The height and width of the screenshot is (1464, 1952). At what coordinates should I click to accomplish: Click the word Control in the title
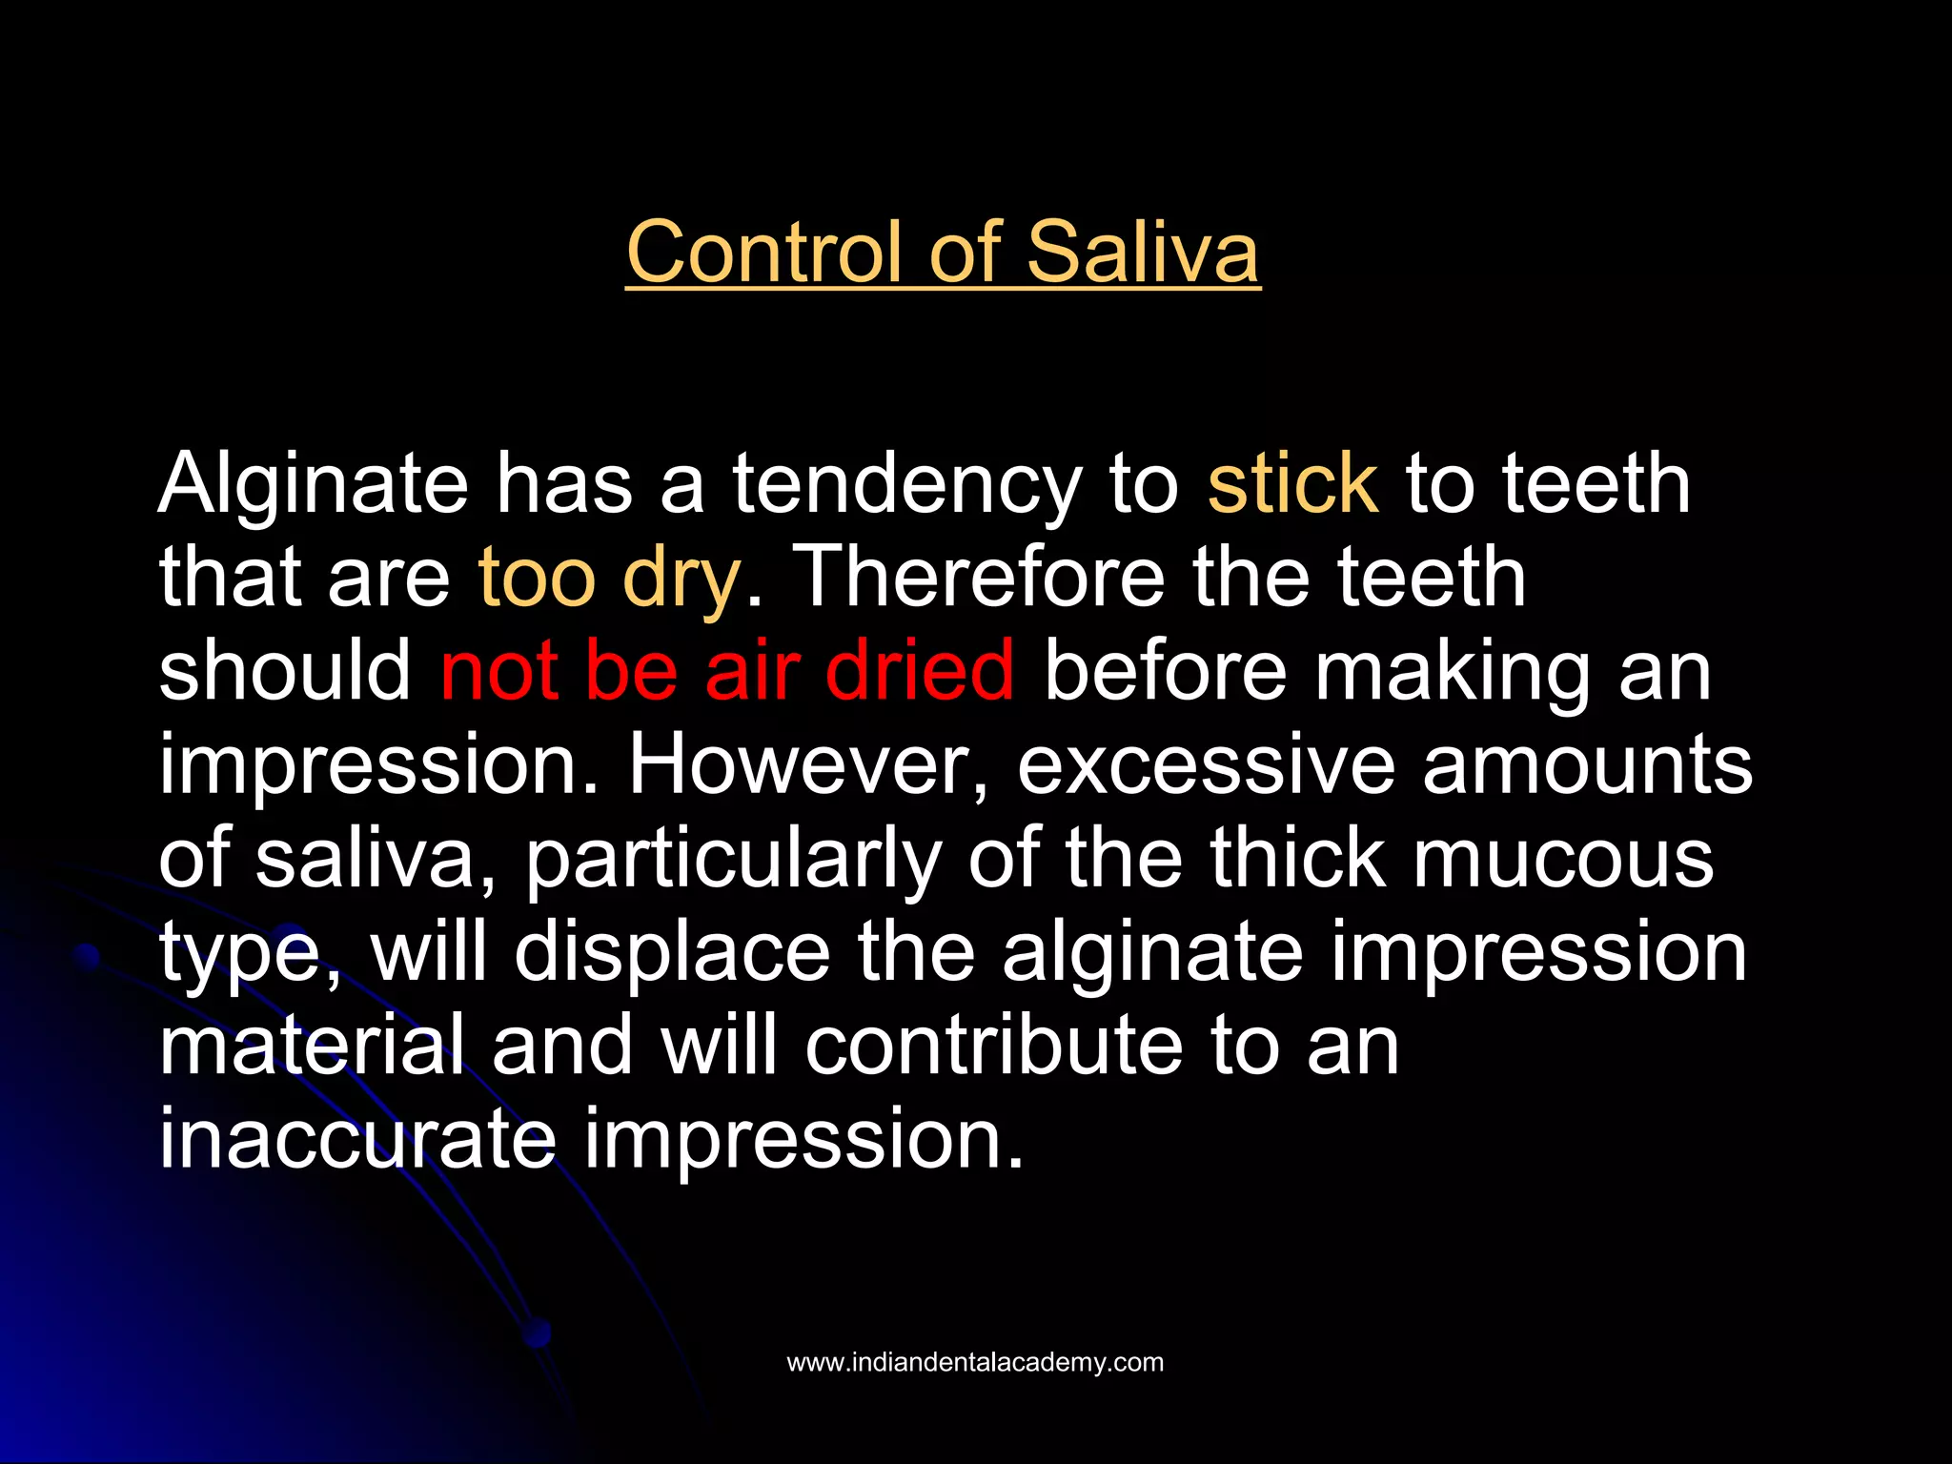pos(762,252)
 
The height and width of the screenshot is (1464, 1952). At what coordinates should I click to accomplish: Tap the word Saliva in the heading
pos(1143,252)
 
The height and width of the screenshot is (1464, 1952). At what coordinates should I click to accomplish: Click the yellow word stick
pos(1292,484)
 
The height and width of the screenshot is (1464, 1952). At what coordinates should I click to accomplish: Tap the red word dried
pos(920,670)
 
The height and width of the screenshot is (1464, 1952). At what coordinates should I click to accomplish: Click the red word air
pos(752,670)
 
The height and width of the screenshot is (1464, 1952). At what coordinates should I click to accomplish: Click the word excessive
pos(1206,764)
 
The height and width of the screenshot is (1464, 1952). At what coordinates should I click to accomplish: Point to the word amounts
pos(1587,764)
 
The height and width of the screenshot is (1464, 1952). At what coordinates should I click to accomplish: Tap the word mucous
pos(1563,858)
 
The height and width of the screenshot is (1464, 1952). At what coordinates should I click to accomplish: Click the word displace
pos(672,951)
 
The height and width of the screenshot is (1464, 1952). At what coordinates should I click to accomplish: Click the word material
pos(312,1045)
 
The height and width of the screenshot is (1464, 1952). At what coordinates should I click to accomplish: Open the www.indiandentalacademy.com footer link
pos(975,1362)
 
